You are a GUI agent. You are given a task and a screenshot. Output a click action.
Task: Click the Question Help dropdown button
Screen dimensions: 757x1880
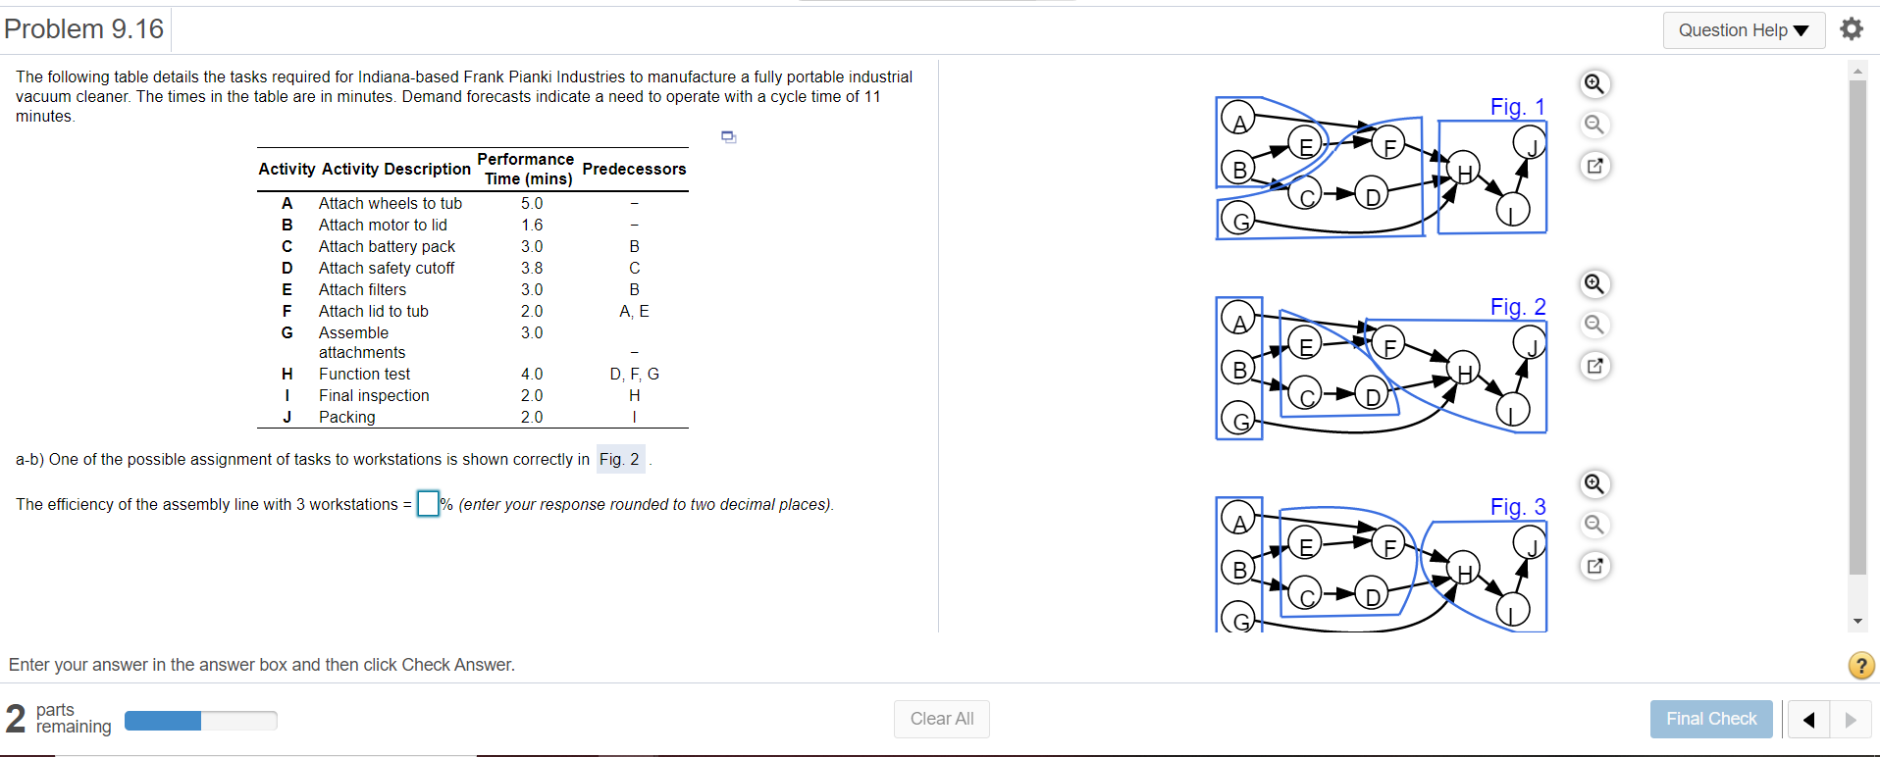pyautogui.click(x=1743, y=30)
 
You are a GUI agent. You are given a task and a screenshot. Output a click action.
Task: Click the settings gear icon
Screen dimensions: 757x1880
pyautogui.click(x=1852, y=29)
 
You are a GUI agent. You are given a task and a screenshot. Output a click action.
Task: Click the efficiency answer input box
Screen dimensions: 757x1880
pyautogui.click(x=428, y=504)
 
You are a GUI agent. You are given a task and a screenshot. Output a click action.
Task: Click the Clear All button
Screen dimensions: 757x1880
pyautogui.click(x=941, y=719)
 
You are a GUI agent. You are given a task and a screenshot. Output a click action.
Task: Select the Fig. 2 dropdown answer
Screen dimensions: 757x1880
pyautogui.click(x=620, y=459)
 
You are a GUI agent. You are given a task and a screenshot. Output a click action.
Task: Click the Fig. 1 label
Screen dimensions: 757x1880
pyautogui.click(x=1517, y=107)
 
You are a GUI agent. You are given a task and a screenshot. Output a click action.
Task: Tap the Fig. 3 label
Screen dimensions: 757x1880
pyautogui.click(x=1517, y=507)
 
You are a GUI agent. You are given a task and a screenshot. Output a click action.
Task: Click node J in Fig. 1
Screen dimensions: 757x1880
pyautogui.click(x=1529, y=143)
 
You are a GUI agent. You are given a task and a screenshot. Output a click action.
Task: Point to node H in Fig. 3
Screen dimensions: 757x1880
pyautogui.click(x=1464, y=572)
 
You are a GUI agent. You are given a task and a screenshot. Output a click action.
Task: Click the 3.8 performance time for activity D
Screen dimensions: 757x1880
pyautogui.click(x=532, y=268)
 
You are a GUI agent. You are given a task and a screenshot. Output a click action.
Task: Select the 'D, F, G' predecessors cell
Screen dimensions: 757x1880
pyautogui.click(x=634, y=374)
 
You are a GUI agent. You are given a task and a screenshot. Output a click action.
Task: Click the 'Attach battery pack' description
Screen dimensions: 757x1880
pyautogui.click(x=387, y=246)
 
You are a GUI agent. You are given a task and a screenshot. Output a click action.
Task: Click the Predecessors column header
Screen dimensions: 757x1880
pyautogui.click(x=634, y=169)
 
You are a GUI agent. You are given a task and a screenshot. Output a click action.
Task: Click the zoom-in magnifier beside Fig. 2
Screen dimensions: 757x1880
pyautogui.click(x=1594, y=284)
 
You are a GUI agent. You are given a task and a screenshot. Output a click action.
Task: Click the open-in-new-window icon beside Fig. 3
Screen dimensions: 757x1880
pyautogui.click(x=1594, y=566)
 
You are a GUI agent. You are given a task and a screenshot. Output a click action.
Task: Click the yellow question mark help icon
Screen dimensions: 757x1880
pyautogui.click(x=1860, y=666)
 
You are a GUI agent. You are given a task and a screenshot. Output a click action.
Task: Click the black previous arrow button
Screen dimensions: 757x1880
pyautogui.click(x=1808, y=720)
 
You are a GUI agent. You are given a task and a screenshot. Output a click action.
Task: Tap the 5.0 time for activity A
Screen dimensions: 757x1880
pyautogui.click(x=532, y=203)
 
